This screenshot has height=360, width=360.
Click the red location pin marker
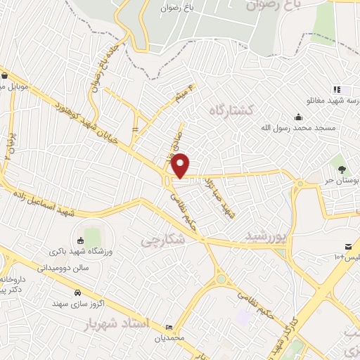(181, 165)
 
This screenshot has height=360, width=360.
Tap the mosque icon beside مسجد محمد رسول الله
(299, 117)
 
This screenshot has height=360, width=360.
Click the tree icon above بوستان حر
(342, 169)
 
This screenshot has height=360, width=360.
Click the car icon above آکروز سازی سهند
(76, 292)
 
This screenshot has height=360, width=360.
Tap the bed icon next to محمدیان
(169, 327)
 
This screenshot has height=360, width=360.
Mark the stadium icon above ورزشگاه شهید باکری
(79, 241)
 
